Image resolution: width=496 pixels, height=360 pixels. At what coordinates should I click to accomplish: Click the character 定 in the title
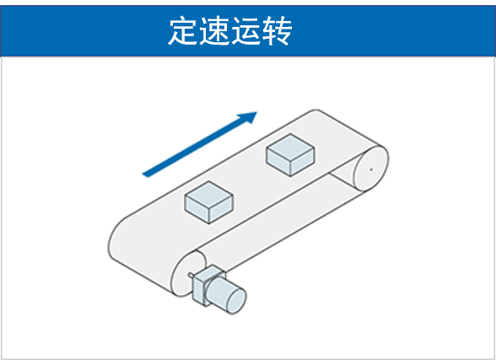tap(183, 30)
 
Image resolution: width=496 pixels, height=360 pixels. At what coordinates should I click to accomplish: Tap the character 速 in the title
tap(214, 30)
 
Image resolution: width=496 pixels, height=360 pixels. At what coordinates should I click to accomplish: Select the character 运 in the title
tap(245, 30)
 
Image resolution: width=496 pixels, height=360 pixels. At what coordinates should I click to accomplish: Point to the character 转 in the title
tap(277, 30)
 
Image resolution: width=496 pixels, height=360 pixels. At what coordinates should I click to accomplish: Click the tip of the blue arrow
tap(256, 112)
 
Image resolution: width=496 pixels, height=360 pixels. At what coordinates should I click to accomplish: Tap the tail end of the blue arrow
tap(145, 175)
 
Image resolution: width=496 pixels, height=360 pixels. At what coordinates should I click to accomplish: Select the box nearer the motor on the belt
tap(209, 202)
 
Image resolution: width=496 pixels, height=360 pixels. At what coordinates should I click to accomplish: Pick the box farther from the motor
tap(290, 155)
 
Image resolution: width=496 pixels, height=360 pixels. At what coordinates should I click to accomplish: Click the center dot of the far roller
tap(371, 169)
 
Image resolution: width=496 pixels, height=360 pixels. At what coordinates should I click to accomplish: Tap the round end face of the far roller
tap(371, 169)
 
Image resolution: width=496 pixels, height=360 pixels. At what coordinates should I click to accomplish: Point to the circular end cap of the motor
tap(236, 302)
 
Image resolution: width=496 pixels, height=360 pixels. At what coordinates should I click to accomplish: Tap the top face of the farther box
tap(290, 148)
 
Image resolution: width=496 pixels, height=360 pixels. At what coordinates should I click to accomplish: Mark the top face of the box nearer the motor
tap(209, 195)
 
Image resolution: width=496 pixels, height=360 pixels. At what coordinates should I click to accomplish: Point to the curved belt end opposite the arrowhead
tap(119, 240)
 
